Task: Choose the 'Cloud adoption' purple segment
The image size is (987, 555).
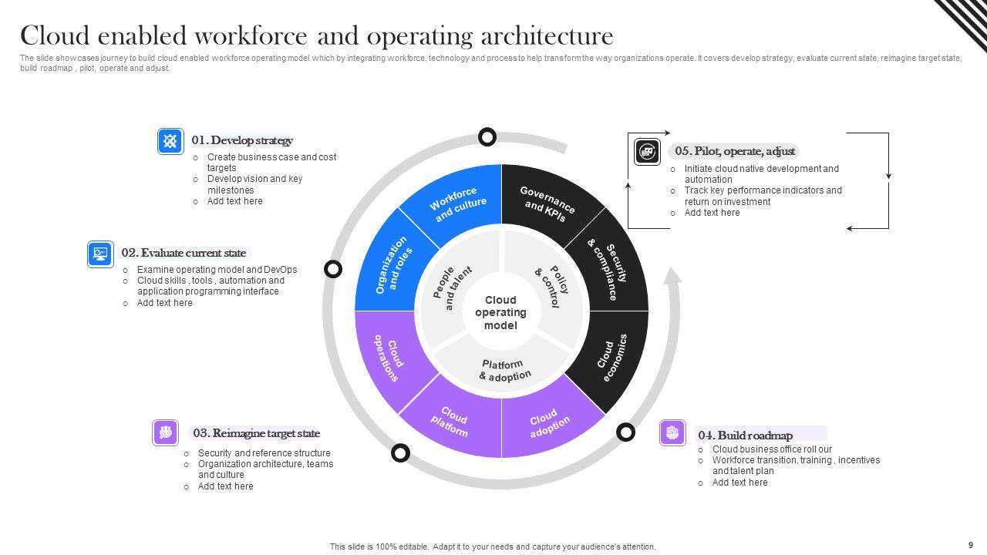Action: click(x=549, y=422)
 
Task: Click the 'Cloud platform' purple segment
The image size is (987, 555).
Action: click(x=453, y=422)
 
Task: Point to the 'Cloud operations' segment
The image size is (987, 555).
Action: click(x=388, y=356)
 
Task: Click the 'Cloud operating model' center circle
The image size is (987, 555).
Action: click(x=500, y=312)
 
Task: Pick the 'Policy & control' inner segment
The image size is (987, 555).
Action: click(x=550, y=286)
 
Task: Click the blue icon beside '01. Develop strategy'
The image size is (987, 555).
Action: click(x=170, y=141)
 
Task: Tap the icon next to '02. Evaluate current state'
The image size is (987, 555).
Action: click(x=100, y=254)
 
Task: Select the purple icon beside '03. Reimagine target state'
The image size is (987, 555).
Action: click(x=165, y=433)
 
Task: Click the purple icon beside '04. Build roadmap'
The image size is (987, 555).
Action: click(x=672, y=433)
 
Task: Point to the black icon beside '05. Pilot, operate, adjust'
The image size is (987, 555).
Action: click(x=648, y=152)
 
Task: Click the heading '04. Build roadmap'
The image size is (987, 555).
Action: click(x=745, y=435)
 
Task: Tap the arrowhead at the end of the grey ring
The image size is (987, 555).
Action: click(x=672, y=276)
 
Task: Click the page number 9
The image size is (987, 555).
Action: click(x=971, y=544)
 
